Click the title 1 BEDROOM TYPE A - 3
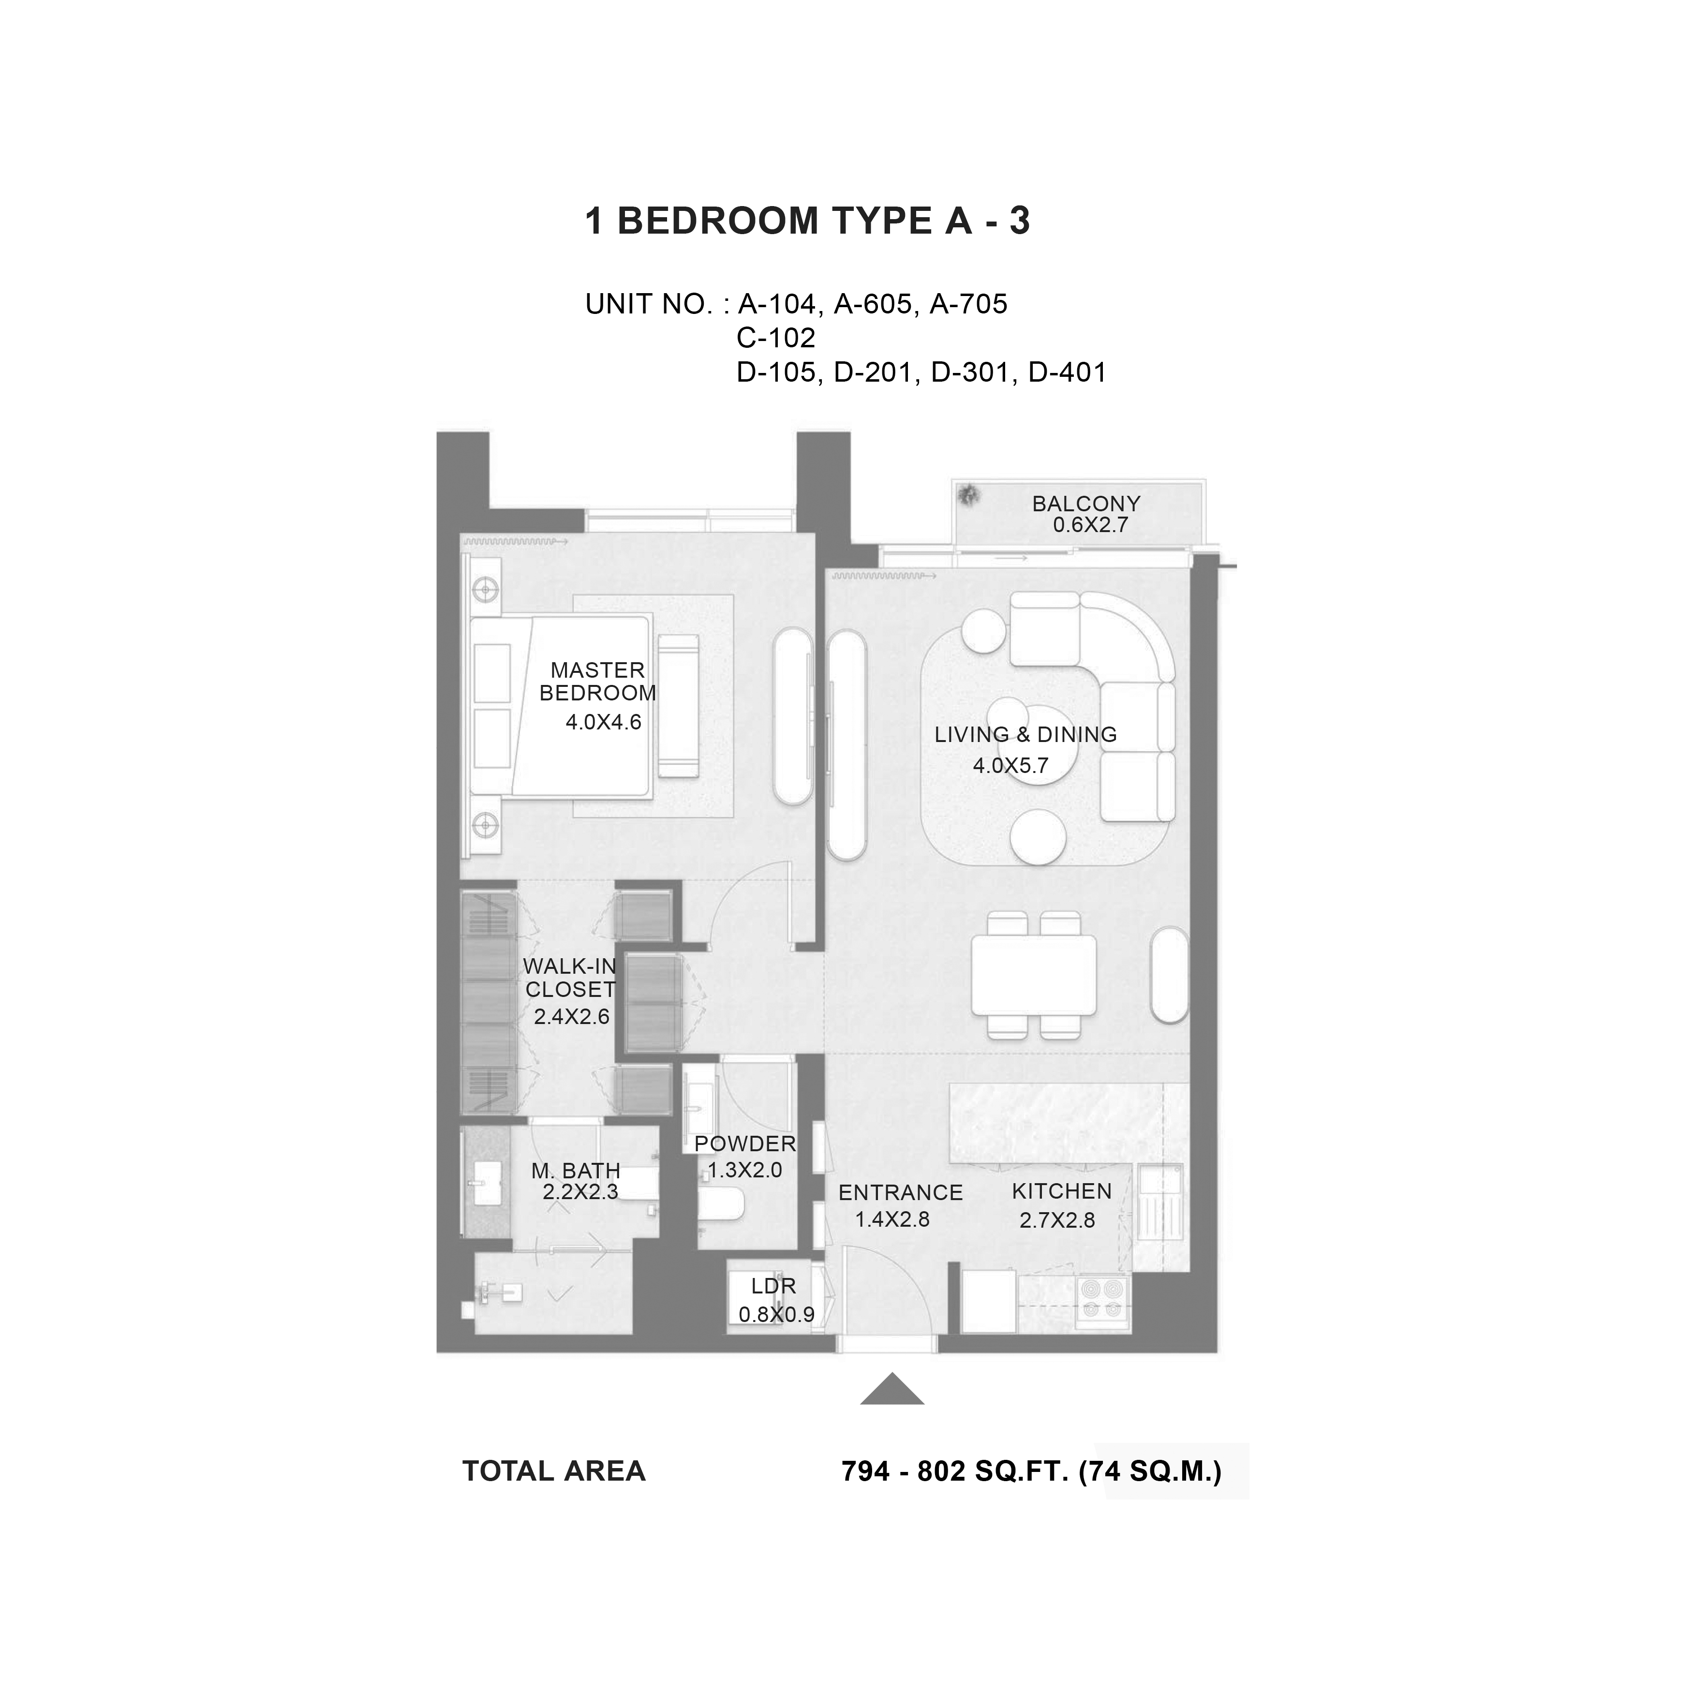[x=807, y=221]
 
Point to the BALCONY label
[x=1086, y=504]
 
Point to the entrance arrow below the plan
[x=892, y=1389]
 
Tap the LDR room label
[x=774, y=1286]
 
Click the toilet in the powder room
[x=722, y=1203]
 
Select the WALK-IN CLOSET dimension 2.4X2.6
[x=571, y=1016]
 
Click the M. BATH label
[x=576, y=1171]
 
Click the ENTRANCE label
[x=901, y=1193]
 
